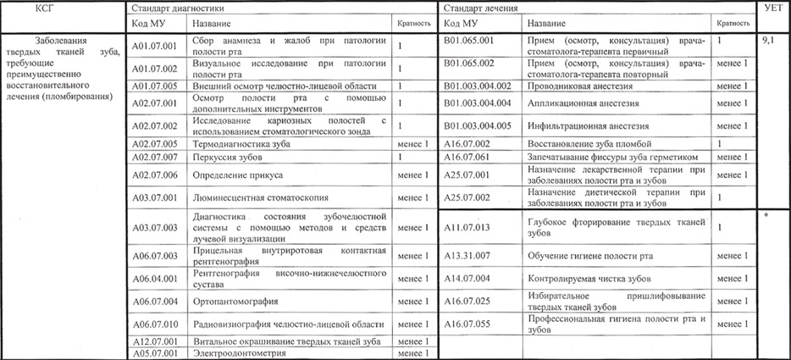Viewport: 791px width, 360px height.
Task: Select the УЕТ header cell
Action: [773, 7]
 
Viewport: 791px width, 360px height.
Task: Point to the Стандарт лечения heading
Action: [478, 7]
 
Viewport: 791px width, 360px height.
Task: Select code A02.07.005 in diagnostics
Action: [156, 144]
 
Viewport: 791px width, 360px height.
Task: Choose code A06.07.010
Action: [156, 324]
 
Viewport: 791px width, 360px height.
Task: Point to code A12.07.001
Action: [156, 341]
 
